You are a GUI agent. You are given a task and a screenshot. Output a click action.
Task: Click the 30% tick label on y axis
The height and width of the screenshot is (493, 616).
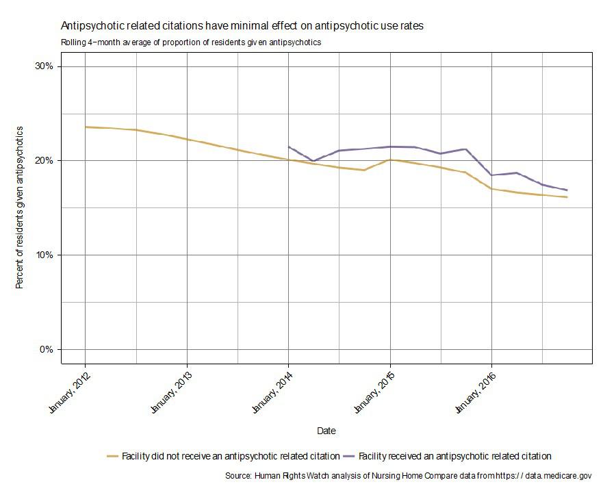(44, 66)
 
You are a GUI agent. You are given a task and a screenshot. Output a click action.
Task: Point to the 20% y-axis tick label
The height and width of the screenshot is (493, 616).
(44, 161)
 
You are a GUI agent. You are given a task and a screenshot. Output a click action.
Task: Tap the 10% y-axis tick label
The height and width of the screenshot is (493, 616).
(44, 255)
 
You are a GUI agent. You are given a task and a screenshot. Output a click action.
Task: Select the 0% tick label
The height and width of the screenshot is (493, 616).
(47, 349)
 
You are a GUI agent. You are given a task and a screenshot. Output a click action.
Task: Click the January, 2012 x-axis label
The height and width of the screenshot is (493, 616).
(68, 392)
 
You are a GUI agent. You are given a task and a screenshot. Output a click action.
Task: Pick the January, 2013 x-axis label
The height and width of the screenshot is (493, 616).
(170, 392)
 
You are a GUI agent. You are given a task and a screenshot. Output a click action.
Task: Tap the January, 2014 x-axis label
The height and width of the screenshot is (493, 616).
(271, 392)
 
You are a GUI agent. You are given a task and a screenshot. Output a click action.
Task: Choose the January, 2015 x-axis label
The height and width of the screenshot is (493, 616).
(373, 392)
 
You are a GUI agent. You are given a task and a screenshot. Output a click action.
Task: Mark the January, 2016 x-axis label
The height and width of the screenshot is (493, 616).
(474, 392)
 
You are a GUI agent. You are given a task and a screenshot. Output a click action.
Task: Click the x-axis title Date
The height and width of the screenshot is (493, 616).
(326, 431)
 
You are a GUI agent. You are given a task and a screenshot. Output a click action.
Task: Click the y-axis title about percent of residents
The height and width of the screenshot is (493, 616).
(20, 207)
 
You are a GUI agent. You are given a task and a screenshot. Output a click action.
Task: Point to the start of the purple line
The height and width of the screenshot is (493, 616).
(289, 147)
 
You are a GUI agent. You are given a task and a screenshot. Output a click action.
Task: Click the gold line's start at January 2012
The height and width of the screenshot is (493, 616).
(85, 127)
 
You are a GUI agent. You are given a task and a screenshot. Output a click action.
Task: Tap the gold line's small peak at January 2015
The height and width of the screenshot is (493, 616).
(390, 160)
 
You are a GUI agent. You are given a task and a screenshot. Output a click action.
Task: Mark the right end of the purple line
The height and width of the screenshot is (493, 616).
(567, 190)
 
